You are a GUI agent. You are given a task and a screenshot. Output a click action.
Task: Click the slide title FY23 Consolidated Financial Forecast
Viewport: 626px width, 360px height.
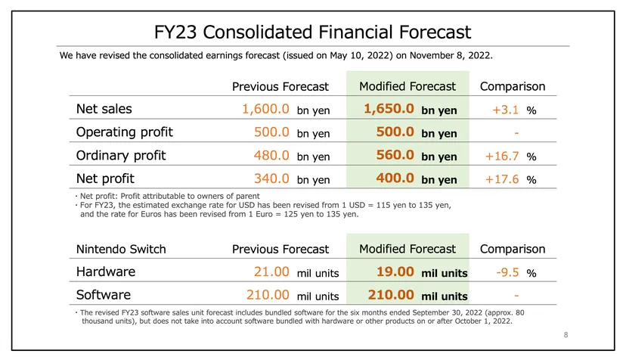pyautogui.click(x=312, y=32)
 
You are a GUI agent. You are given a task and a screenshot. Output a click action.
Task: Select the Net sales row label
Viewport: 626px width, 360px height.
pyautogui.click(x=104, y=109)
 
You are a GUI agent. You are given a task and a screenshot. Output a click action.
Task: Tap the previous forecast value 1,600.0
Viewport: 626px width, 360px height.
pyautogui.click(x=265, y=109)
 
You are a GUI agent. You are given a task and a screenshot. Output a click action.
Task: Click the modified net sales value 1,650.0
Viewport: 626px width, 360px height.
pyautogui.click(x=389, y=109)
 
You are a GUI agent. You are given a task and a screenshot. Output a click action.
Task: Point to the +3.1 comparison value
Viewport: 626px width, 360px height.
pyautogui.click(x=506, y=110)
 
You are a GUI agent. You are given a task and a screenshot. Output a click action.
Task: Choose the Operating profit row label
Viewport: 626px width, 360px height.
pyautogui.click(x=125, y=132)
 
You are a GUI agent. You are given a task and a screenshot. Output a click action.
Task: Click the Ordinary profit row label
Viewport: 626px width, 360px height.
pyautogui.click(x=121, y=156)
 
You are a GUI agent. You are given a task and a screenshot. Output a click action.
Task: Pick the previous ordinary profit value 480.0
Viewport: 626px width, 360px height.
pyautogui.click(x=271, y=155)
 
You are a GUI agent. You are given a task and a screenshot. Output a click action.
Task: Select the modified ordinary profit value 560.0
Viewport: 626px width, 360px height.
pyautogui.click(x=395, y=155)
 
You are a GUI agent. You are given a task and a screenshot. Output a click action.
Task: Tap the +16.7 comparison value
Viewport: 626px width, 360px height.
pyautogui.click(x=502, y=156)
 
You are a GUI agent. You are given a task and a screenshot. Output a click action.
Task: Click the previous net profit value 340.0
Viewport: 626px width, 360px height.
pyautogui.click(x=271, y=178)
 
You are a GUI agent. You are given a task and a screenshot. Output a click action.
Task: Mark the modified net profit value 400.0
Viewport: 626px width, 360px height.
pyautogui.click(x=395, y=178)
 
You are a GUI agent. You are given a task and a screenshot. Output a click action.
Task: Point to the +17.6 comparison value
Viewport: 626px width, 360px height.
pyautogui.click(x=502, y=179)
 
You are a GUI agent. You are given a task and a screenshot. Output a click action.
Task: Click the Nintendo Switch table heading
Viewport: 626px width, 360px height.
pyautogui.click(x=121, y=250)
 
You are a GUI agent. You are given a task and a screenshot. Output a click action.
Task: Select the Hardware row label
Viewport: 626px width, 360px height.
pyautogui.click(x=106, y=272)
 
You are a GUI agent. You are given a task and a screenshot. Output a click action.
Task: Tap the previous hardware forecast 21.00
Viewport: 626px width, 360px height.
pyautogui.click(x=271, y=272)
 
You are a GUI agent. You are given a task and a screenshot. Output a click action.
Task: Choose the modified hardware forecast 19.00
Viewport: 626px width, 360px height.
pyautogui.click(x=395, y=272)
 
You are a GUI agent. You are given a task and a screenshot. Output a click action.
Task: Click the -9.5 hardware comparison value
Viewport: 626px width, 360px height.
pyautogui.click(x=507, y=272)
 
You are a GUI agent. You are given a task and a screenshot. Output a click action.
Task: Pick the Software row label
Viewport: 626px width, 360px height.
pyautogui.click(x=104, y=295)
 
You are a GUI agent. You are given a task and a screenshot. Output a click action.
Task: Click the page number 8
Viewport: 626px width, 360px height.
pyautogui.click(x=566, y=335)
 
